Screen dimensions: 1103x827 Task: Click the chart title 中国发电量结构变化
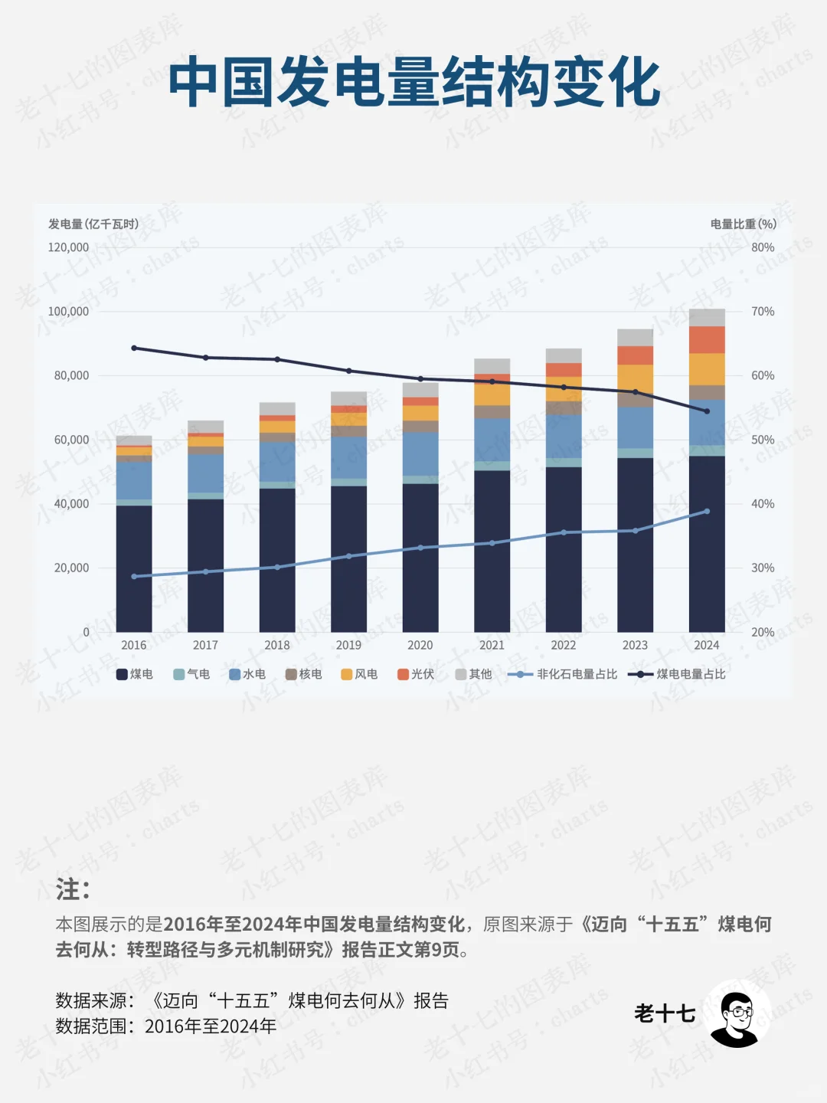(x=413, y=82)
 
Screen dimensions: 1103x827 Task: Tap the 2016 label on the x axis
(x=134, y=645)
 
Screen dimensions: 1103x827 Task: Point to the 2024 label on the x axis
(x=706, y=645)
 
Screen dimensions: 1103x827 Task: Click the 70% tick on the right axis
(x=763, y=312)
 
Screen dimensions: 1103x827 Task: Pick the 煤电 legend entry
(x=135, y=674)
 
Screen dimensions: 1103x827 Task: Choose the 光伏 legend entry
(x=416, y=674)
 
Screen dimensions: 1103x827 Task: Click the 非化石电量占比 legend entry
(x=563, y=674)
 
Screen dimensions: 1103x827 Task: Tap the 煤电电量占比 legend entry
(x=677, y=674)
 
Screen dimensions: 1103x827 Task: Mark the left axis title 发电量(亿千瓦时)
(x=93, y=224)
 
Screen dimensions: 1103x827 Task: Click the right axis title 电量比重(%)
(x=743, y=224)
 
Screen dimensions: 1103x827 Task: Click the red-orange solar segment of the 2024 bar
(x=707, y=339)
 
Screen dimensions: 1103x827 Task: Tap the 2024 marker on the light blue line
(x=707, y=511)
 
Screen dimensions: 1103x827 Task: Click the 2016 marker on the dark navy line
(x=134, y=348)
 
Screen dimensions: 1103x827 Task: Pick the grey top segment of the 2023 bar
(x=635, y=337)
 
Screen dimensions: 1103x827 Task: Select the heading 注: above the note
(x=73, y=890)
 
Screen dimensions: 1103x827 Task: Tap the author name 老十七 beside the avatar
(x=665, y=1014)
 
